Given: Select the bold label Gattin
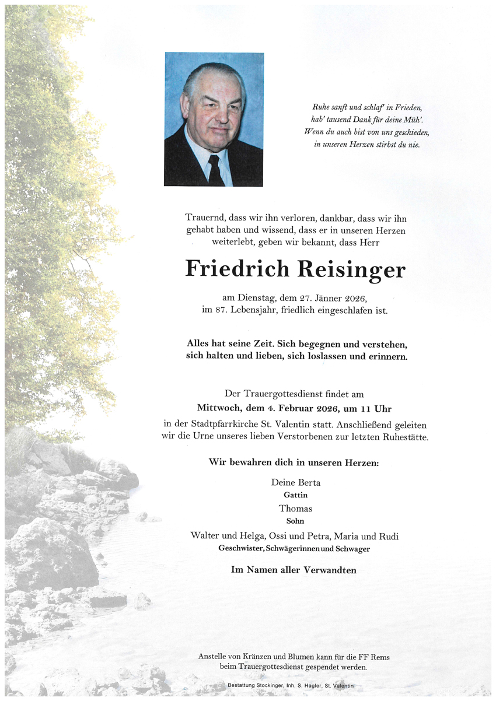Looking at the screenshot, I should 295,495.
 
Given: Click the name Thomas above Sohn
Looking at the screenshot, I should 295,509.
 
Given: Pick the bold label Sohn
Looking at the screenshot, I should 295,521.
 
